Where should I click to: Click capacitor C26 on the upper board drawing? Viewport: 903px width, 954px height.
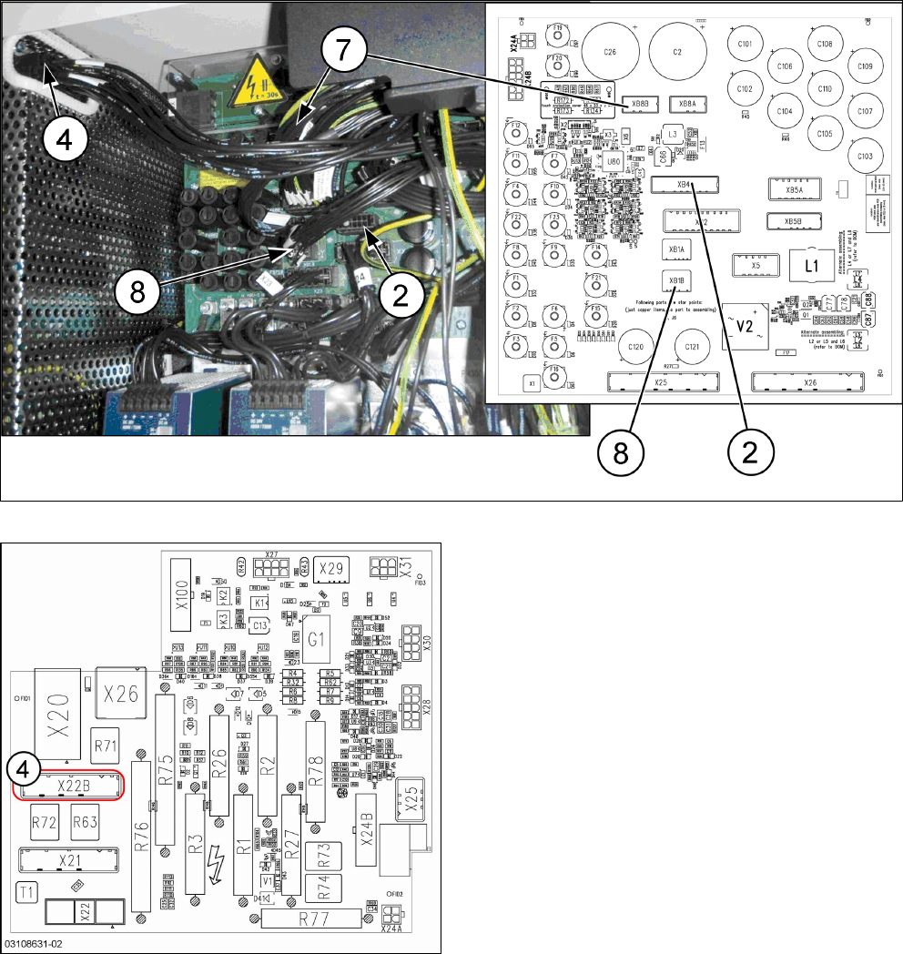coord(610,51)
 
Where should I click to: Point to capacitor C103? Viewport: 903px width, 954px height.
coord(864,157)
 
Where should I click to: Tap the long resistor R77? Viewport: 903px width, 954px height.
coord(312,918)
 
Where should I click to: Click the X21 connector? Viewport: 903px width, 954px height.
coord(69,860)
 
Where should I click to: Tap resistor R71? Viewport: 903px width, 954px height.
coord(107,746)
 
